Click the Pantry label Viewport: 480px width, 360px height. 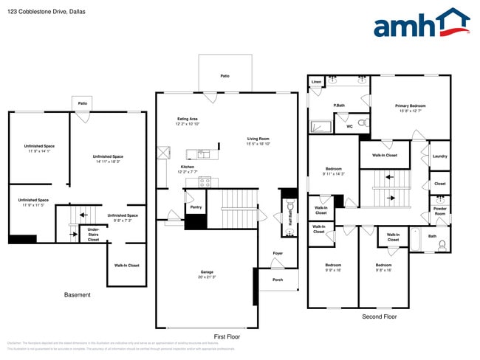click(x=196, y=207)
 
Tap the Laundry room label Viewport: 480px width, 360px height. click(x=439, y=156)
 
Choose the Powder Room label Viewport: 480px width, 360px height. click(x=439, y=210)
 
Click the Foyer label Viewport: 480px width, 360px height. click(x=278, y=253)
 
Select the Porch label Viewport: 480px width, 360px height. click(x=278, y=280)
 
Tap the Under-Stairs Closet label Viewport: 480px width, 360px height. click(x=94, y=234)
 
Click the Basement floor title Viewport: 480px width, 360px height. click(x=78, y=295)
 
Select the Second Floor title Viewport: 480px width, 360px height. click(x=379, y=316)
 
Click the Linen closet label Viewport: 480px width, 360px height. click(x=316, y=81)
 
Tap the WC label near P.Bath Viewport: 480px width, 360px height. click(x=349, y=126)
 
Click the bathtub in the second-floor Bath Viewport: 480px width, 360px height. click(x=414, y=240)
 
